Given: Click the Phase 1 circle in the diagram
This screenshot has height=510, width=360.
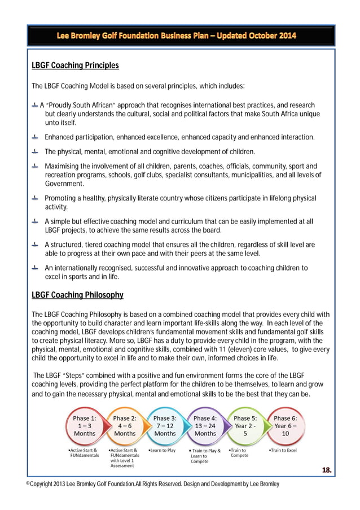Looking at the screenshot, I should coord(84,426).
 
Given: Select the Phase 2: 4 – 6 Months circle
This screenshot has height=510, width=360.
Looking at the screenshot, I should coord(125,426).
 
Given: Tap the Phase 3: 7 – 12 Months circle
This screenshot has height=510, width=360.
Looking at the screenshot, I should coord(165,426).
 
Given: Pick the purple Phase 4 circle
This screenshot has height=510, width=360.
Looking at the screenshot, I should coord(205,426).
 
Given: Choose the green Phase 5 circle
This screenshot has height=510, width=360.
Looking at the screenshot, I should coord(245,426).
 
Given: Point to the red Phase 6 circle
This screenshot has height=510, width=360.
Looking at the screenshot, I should coord(285,426).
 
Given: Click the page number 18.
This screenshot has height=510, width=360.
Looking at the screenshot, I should coord(326,469).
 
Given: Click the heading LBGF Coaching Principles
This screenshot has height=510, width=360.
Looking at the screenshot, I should coord(75,66).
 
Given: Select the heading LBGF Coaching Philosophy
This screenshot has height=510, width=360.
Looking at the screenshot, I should coord(77,295).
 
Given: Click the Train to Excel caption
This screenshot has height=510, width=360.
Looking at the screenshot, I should coord(283,450).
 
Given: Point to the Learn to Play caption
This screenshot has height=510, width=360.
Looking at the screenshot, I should coord(162,450).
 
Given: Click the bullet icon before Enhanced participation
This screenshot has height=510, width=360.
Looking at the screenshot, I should coord(35,137).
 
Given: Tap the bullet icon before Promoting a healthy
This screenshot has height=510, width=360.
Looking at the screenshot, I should coord(35,198).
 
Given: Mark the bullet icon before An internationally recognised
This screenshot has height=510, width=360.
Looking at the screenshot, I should coord(35,268).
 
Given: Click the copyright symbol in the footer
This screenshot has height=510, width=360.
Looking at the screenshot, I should coord(29,484).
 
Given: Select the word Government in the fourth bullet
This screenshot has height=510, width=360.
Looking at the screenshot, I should coord(64,184).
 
